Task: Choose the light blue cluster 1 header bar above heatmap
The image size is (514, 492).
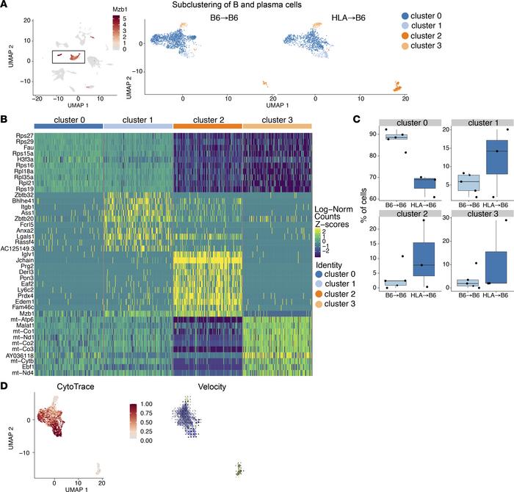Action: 138,126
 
